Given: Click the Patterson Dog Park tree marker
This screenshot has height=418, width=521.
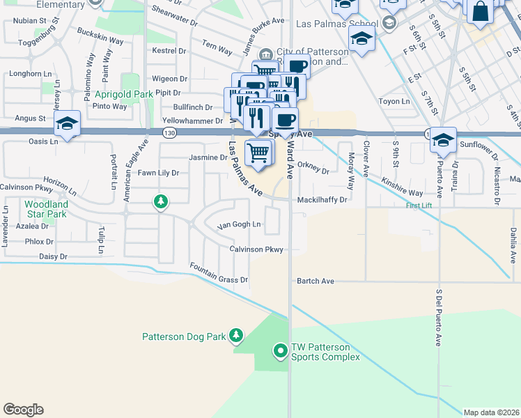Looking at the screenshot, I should (x=236, y=336).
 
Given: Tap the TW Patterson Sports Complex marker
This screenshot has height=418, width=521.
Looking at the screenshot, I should (x=281, y=350).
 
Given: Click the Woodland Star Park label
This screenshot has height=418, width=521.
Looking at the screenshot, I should (x=45, y=209).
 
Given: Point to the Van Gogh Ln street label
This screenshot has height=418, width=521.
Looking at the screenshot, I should (x=239, y=225).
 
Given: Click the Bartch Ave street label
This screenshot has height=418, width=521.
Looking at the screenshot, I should (x=316, y=281).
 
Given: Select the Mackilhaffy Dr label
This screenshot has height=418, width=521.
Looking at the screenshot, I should (x=322, y=199).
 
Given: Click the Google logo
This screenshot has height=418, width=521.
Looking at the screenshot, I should (x=23, y=410).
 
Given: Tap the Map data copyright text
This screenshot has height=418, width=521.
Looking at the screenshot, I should (x=491, y=412).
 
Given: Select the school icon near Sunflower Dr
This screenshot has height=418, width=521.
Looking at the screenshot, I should (x=443, y=140).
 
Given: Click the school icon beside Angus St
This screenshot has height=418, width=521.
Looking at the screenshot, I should (x=67, y=124).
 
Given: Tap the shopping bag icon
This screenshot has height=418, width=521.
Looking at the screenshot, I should (x=480, y=12).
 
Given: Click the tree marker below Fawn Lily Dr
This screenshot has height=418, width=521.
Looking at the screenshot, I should (x=161, y=202).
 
